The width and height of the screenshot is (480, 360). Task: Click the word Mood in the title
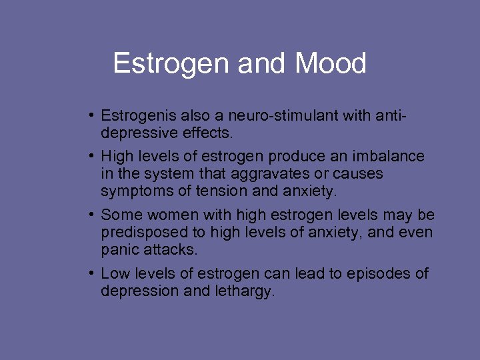click(x=331, y=64)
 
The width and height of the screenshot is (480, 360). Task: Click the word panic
click(x=119, y=249)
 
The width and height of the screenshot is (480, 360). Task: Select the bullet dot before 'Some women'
click(x=91, y=215)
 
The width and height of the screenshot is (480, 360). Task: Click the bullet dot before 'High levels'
click(x=91, y=157)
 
